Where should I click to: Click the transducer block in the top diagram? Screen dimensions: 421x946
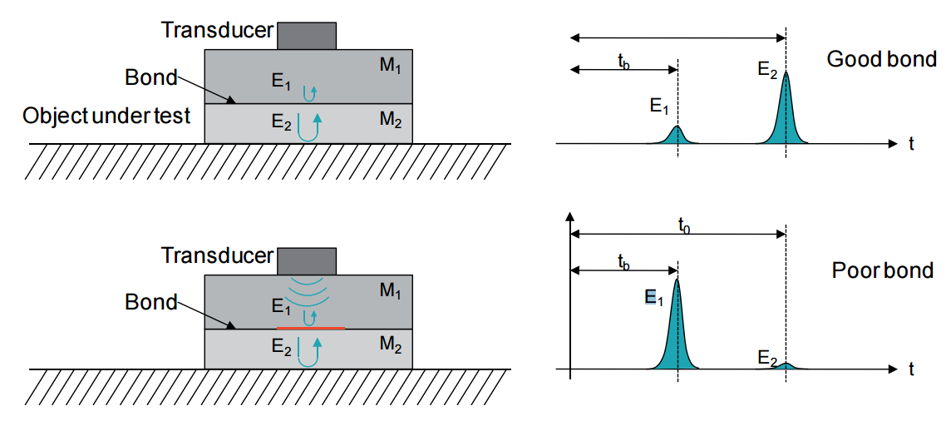click(x=307, y=36)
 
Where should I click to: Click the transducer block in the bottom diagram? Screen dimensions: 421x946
click(x=307, y=260)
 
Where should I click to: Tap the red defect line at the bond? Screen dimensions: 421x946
click(x=310, y=329)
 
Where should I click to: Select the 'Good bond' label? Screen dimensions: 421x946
click(x=882, y=59)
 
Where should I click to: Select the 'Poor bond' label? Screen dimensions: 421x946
click(x=882, y=271)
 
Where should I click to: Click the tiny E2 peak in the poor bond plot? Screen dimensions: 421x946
click(x=786, y=365)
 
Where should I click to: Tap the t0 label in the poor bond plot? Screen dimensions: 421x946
click(x=683, y=225)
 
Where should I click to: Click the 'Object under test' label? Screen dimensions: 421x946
click(x=107, y=116)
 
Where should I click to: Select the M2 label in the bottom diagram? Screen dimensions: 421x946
click(x=390, y=344)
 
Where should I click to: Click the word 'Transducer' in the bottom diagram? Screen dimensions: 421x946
click(x=217, y=255)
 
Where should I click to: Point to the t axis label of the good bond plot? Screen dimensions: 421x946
click(x=912, y=144)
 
